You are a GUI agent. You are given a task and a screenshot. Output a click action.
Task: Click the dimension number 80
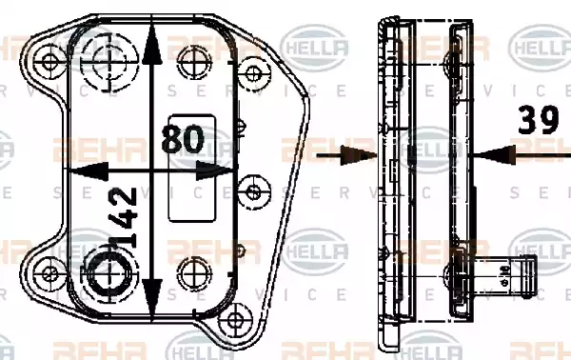click(x=185, y=140)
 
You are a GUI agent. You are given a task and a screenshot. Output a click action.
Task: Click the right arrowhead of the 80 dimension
click(x=221, y=170)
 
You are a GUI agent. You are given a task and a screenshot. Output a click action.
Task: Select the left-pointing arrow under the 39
click(x=495, y=152)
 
